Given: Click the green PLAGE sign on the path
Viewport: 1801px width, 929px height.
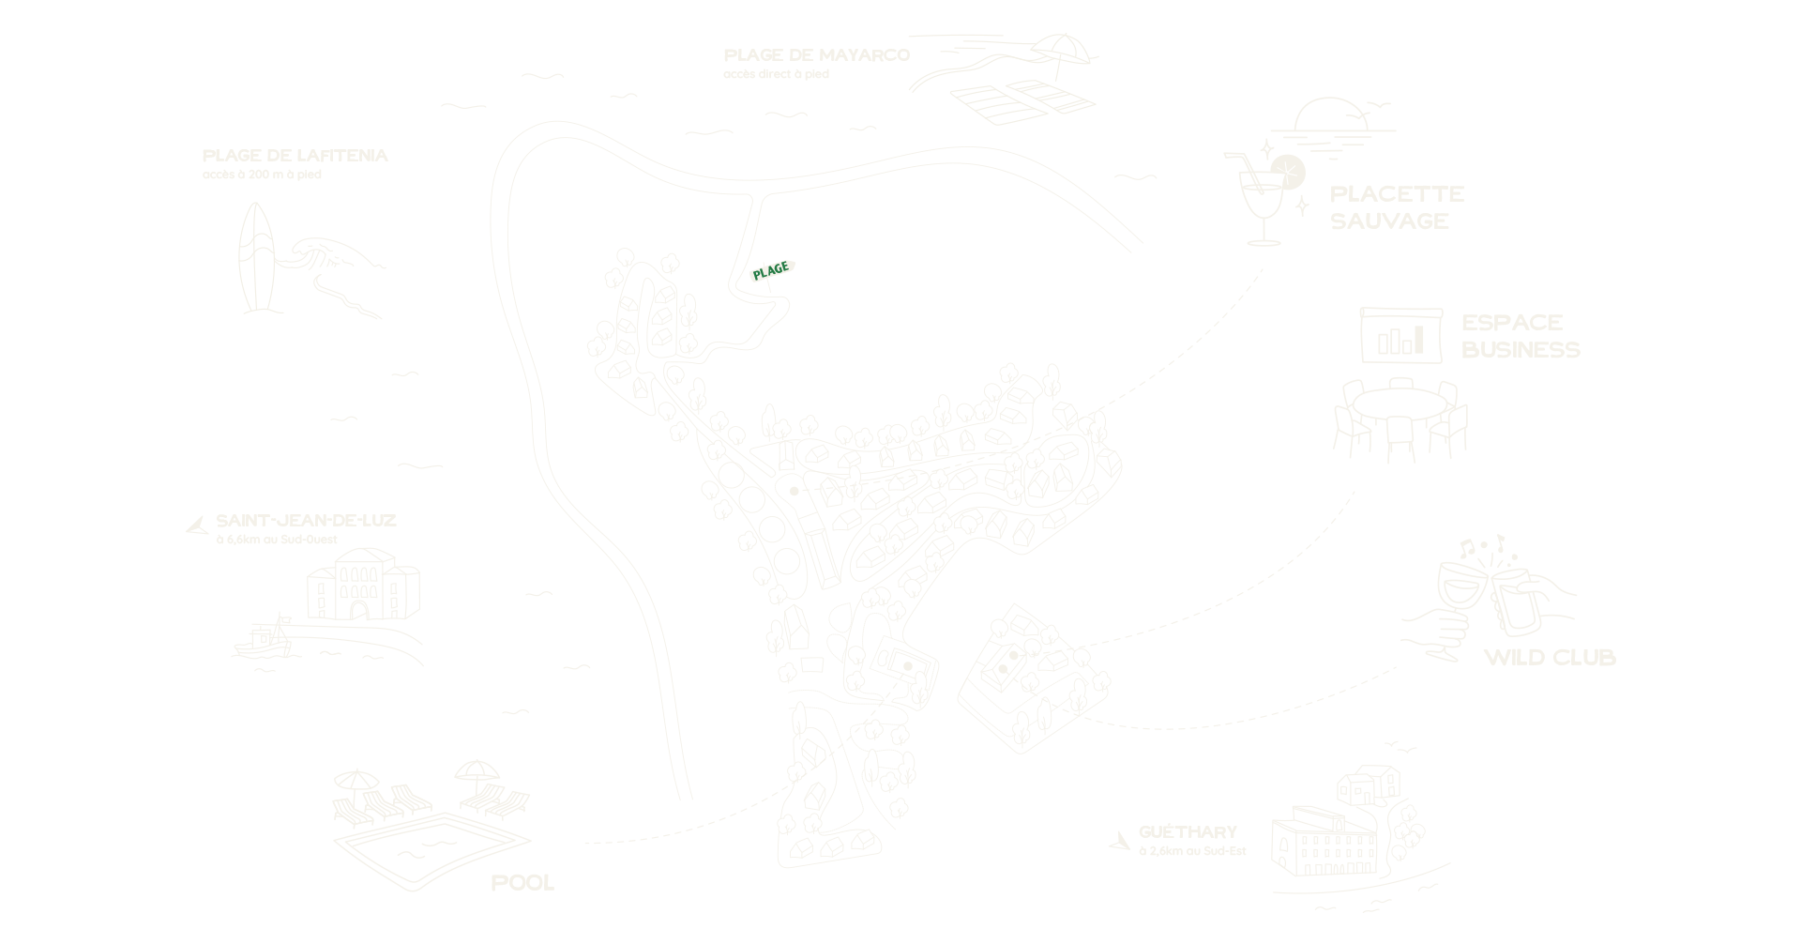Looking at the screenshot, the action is [x=772, y=270].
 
